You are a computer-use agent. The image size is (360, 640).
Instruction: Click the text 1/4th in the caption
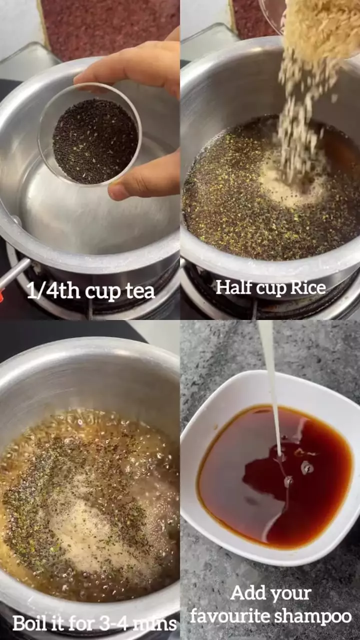47,290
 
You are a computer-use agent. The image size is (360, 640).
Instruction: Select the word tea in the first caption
140,291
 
